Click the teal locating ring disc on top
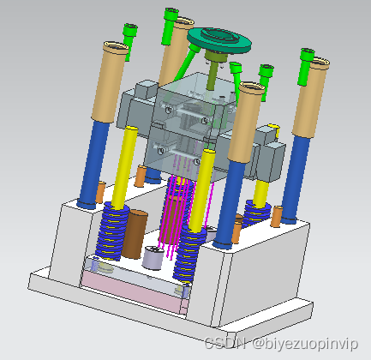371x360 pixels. pos(219,40)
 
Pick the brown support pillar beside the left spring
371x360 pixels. pos(135,234)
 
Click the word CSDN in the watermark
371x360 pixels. pos(225,343)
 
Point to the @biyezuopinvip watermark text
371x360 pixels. pos(305,344)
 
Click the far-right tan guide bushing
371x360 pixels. pos(311,97)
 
